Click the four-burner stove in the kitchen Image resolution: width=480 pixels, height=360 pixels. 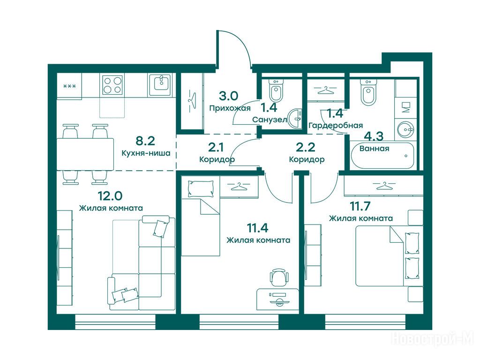[x=112, y=85]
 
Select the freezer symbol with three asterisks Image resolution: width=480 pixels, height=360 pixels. [x=69, y=86]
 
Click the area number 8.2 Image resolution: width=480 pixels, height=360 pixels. [x=145, y=141]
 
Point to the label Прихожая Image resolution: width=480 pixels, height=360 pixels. [x=230, y=108]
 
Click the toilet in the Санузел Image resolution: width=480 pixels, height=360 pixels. [x=277, y=90]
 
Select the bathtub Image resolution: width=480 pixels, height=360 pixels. [x=382, y=156]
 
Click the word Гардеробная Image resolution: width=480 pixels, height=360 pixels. [x=336, y=125]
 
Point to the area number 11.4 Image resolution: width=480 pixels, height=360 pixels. [x=258, y=228]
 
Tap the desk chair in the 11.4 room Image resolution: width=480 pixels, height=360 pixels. [x=279, y=277]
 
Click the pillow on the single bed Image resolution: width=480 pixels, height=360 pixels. [x=201, y=188]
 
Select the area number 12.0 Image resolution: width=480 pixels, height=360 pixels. [x=110, y=195]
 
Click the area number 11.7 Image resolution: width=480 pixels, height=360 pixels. [x=360, y=206]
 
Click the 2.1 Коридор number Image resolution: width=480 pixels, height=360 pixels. [x=216, y=148]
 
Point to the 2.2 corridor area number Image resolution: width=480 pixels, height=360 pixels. [x=306, y=148]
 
